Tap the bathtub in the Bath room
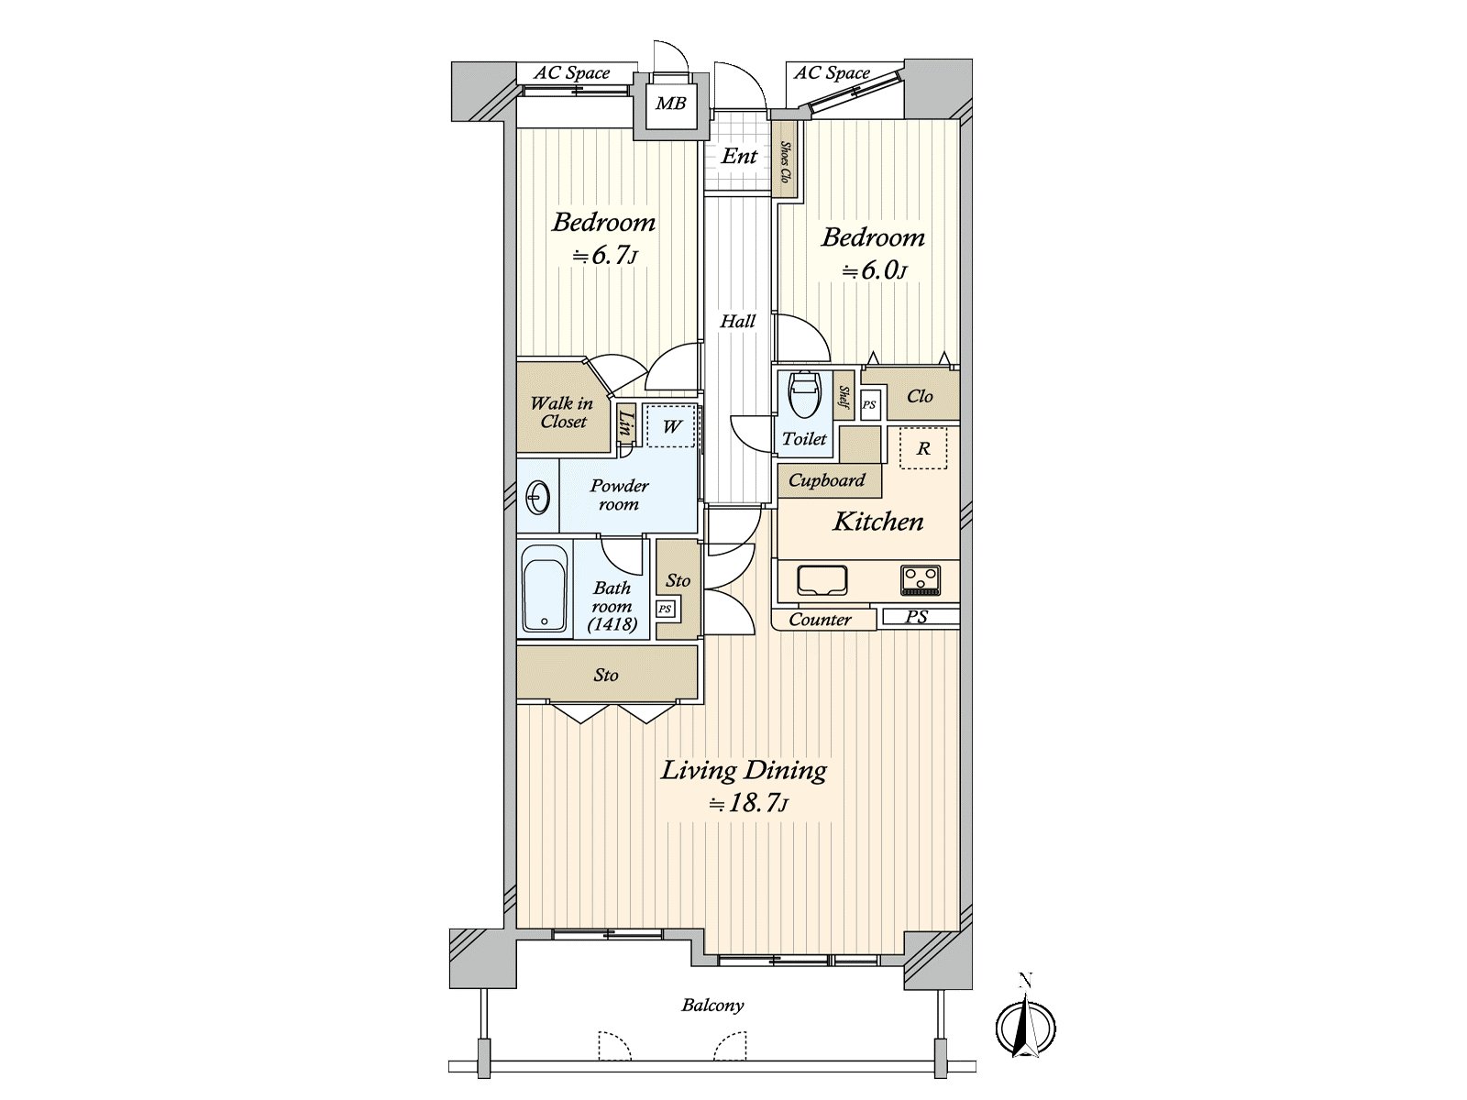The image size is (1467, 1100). (545, 588)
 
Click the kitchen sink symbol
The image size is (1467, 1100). (822, 579)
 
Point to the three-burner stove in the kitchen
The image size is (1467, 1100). (921, 579)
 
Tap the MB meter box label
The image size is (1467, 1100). (670, 104)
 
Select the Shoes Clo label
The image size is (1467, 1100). (785, 162)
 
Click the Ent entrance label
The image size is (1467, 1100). (739, 156)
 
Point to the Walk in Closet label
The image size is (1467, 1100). (562, 412)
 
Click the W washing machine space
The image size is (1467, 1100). (672, 426)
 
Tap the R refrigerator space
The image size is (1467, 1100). (923, 448)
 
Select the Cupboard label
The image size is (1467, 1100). (827, 480)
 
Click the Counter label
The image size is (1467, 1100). (820, 620)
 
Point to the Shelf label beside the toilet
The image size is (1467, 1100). (844, 398)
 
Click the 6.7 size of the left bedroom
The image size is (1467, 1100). (604, 255)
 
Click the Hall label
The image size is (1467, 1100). (738, 321)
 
